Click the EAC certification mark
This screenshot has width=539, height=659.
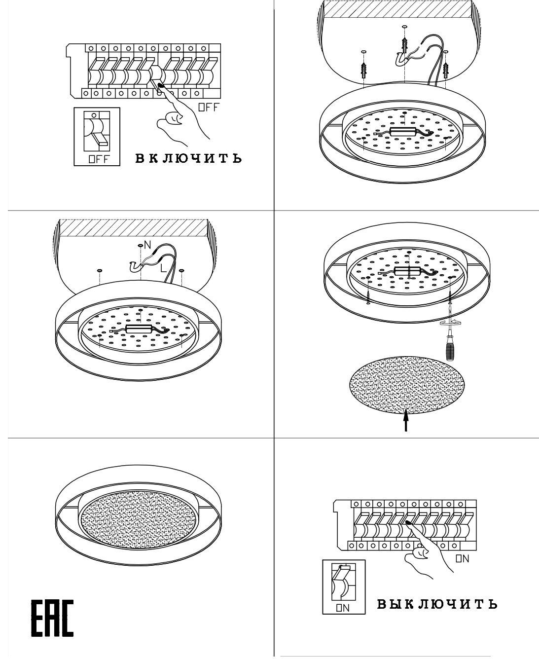coord(52,618)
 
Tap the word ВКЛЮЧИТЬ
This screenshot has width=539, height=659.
coord(189,158)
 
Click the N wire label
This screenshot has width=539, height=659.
coord(147,245)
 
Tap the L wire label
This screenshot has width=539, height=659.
coord(163,268)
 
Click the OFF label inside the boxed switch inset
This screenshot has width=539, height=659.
coord(99,159)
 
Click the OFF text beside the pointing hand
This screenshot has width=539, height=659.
coord(209,108)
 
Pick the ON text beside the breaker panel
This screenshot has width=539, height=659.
coord(463,559)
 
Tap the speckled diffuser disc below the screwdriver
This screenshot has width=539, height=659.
coord(407,385)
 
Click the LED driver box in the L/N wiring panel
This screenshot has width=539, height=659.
coord(139,329)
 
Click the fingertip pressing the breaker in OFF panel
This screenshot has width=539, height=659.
coord(161,85)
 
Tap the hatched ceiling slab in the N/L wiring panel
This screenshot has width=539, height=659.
coord(134,228)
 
